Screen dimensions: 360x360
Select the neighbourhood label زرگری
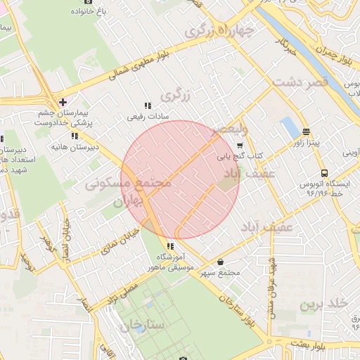tap(176, 94)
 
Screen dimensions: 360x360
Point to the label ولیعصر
tap(230, 129)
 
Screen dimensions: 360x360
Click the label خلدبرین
tap(324, 304)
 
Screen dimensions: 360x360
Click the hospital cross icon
tap(63, 102)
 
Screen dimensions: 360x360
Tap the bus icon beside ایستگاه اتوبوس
tap(324, 173)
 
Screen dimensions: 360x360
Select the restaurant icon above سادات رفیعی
tap(147, 105)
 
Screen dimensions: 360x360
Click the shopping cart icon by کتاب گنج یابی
tap(240, 146)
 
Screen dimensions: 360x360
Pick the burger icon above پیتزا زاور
tap(307, 132)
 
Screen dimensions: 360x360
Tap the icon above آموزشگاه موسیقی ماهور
tap(169, 246)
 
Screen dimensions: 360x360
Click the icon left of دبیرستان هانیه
tap(75, 136)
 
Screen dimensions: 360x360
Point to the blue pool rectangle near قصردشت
tap(289, 128)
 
